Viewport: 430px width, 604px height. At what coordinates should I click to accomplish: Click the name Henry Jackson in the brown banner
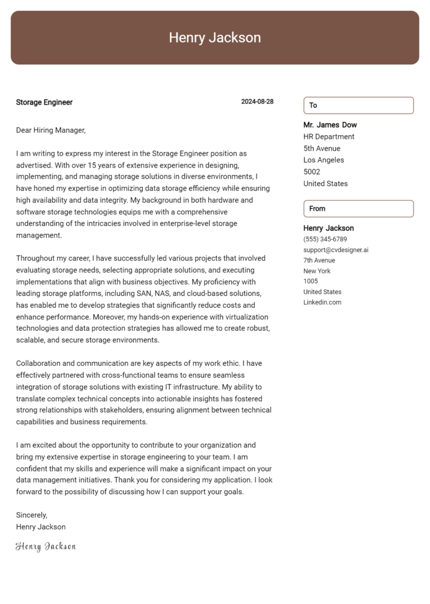click(x=214, y=38)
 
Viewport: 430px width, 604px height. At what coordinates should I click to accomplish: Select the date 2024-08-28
click(x=257, y=102)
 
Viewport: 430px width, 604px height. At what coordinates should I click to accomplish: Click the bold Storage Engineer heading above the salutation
click(x=44, y=103)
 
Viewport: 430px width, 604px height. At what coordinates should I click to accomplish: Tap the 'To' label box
click(x=358, y=105)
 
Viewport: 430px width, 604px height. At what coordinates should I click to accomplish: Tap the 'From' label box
click(x=358, y=208)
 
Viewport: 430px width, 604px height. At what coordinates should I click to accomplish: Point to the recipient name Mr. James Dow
click(x=330, y=125)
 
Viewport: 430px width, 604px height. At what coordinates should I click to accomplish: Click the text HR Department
click(x=329, y=137)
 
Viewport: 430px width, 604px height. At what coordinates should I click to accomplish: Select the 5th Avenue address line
click(x=321, y=148)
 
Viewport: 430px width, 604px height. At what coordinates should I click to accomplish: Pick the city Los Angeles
click(x=324, y=160)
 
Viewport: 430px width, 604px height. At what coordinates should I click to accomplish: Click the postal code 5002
click(x=312, y=172)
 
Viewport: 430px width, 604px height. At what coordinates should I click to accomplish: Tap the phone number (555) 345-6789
click(x=325, y=239)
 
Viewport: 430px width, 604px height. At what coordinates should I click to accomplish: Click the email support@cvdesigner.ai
click(x=335, y=250)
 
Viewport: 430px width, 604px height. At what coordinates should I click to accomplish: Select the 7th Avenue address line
click(x=319, y=261)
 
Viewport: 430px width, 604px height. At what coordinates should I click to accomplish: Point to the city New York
click(x=317, y=271)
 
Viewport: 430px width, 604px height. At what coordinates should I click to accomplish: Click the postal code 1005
click(x=310, y=281)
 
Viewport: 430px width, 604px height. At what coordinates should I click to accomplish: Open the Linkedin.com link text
click(x=322, y=303)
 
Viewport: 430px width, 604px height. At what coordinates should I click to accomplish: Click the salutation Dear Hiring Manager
click(x=50, y=131)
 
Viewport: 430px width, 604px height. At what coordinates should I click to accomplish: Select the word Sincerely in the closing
click(x=31, y=515)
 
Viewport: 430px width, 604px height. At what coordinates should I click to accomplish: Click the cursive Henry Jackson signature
click(x=45, y=546)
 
